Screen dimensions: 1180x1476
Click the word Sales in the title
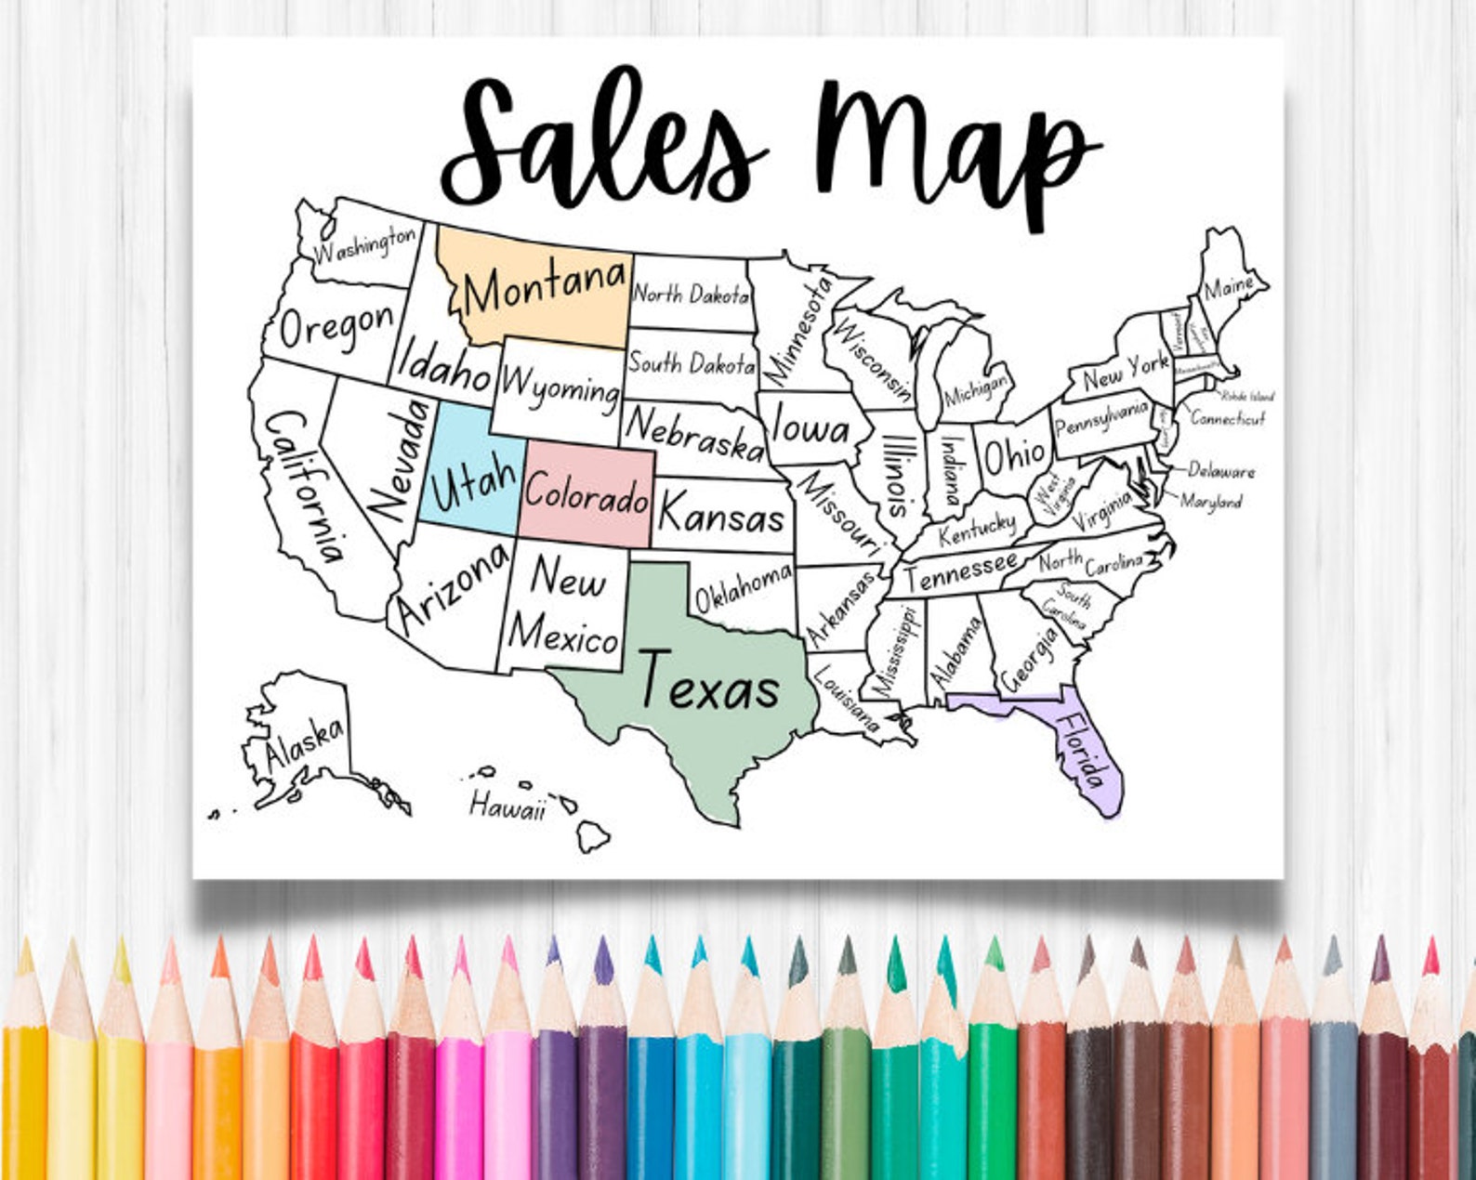click(604, 144)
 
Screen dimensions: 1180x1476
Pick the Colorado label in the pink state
click(586, 496)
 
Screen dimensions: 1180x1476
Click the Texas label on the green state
click(709, 685)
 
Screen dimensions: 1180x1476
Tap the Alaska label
click(303, 744)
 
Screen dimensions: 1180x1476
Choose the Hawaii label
click(507, 806)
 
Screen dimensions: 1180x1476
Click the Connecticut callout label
click(1228, 419)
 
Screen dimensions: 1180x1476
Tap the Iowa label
click(810, 428)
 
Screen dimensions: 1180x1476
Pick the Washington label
click(364, 244)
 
